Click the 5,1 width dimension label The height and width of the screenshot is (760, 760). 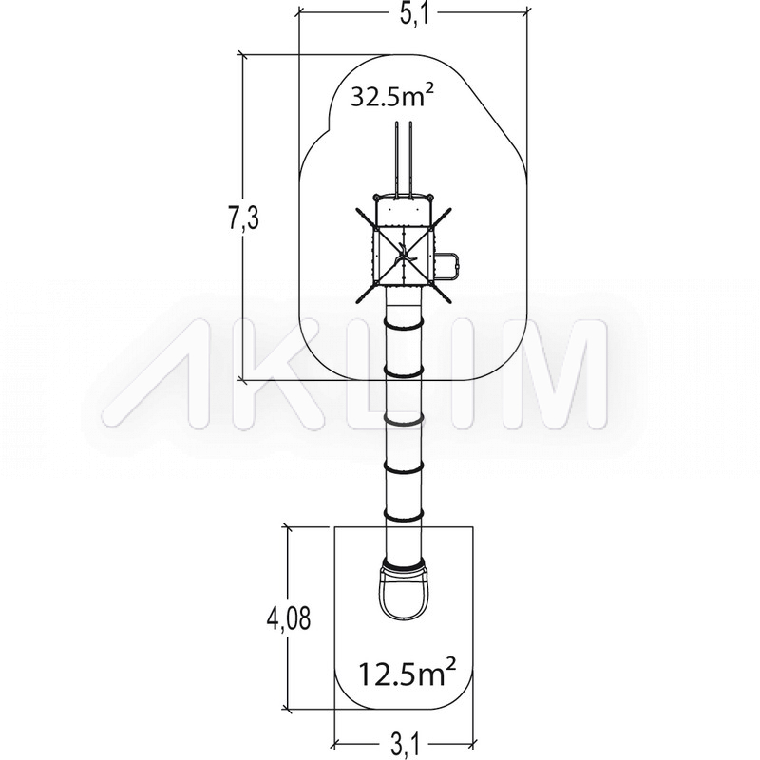point(414,15)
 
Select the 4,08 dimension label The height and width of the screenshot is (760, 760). point(288,618)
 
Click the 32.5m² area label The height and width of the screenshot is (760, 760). point(391,95)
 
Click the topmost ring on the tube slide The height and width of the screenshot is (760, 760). point(404,324)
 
